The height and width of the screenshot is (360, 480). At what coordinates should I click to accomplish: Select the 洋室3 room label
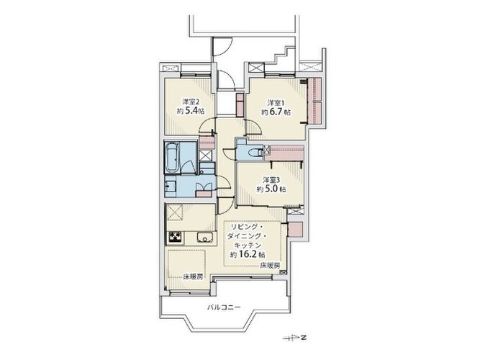pyautogui.click(x=271, y=179)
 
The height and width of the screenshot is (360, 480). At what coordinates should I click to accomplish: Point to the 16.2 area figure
pyautogui.click(x=248, y=254)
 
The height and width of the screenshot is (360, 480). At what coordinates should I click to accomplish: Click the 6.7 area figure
pyautogui.click(x=276, y=112)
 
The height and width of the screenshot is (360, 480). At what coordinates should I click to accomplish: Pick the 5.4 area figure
pyautogui.click(x=191, y=111)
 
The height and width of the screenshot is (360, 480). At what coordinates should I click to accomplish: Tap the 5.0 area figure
pyautogui.click(x=271, y=189)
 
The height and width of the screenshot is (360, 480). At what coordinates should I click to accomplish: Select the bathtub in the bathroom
pyautogui.click(x=172, y=158)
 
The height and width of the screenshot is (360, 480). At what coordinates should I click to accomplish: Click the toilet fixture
pyautogui.click(x=255, y=152)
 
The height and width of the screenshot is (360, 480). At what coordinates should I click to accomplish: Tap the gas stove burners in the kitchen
pyautogui.click(x=175, y=237)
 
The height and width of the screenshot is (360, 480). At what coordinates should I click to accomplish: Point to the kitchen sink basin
pyautogui.click(x=205, y=238)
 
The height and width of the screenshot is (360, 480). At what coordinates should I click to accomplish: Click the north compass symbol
pyautogui.click(x=296, y=338)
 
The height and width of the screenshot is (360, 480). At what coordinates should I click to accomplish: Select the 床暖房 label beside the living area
pyautogui.click(x=270, y=266)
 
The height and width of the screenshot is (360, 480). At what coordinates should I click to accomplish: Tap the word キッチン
pyautogui.click(x=248, y=245)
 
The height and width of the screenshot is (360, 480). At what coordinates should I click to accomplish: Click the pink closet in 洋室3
pyautogui.click(x=284, y=153)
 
